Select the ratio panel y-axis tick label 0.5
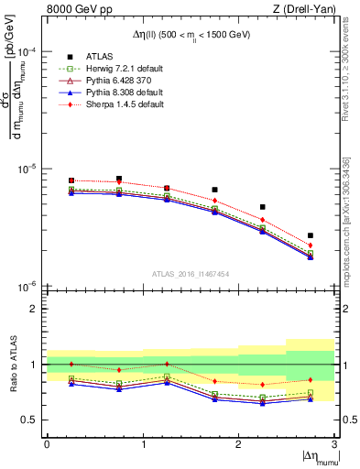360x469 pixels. pos(31,420)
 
